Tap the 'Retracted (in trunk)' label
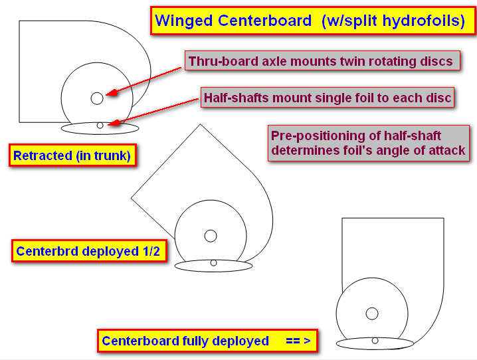point(72,156)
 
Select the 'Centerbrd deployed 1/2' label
point(88,252)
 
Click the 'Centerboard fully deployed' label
point(207,341)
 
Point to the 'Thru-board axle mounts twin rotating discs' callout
point(321,62)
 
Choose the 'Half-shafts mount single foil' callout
point(328,98)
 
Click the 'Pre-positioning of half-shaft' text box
point(368,143)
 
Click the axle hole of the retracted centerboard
point(97,98)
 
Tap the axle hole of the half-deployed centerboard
point(211,236)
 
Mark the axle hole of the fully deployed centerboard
point(372,314)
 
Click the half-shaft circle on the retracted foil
point(100,125)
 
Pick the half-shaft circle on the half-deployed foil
point(213,263)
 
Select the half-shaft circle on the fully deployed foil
point(375,341)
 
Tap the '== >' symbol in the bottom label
point(298,341)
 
